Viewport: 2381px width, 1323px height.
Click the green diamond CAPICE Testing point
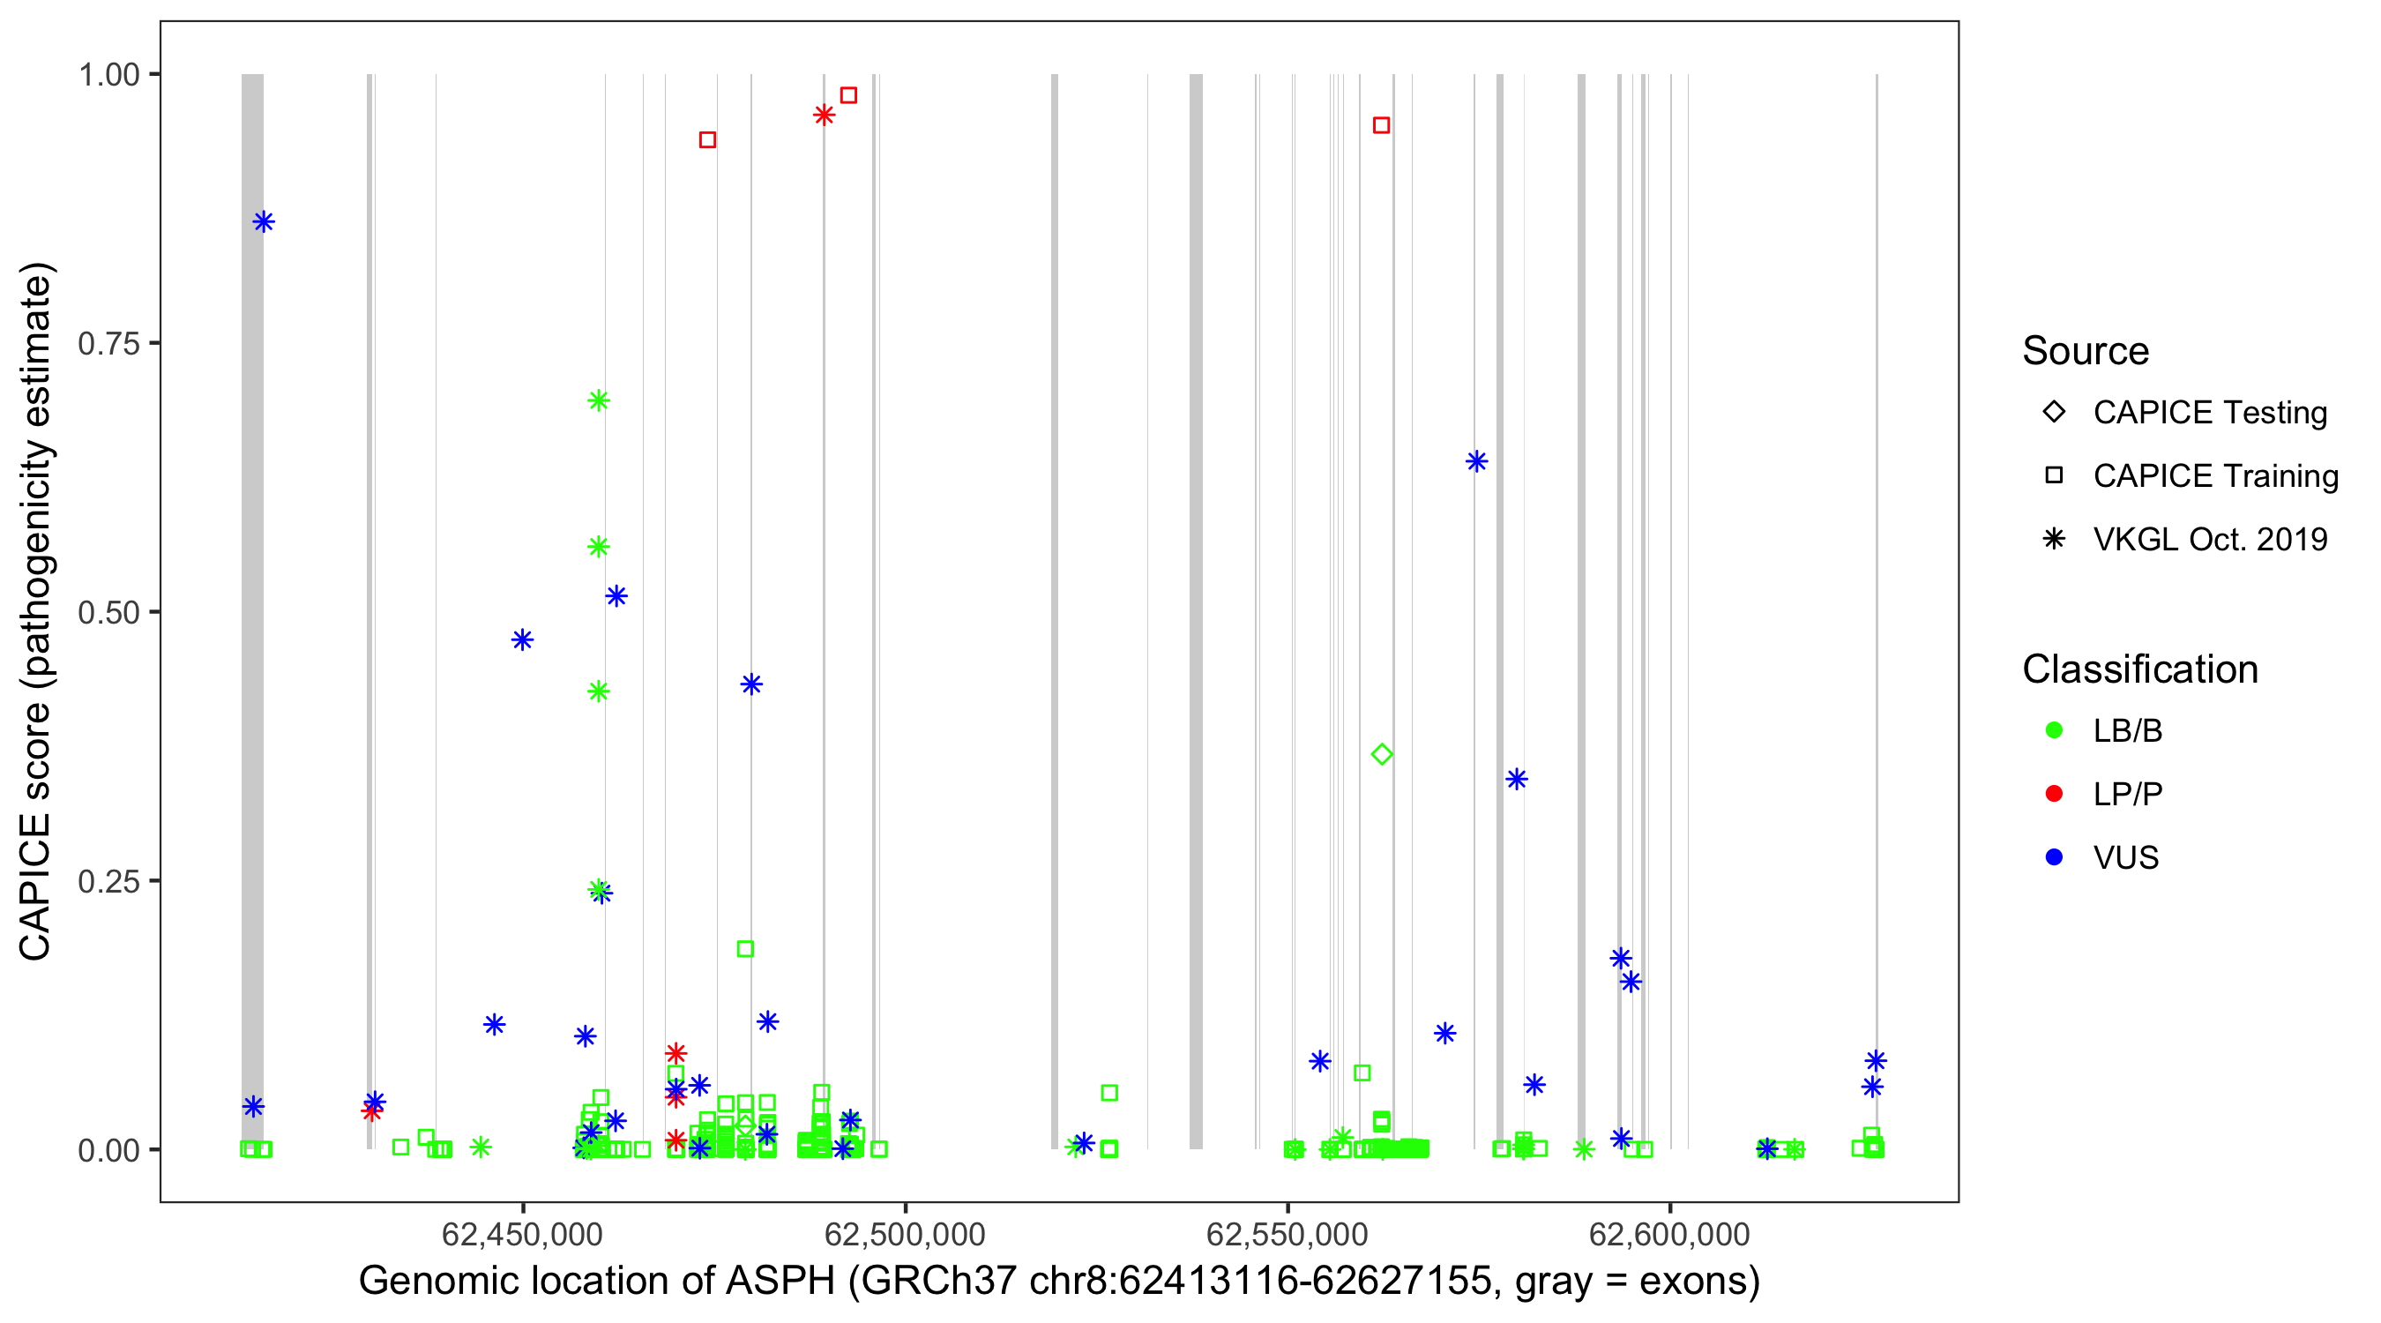click(x=1381, y=754)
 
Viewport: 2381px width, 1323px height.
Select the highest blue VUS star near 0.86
click(x=264, y=222)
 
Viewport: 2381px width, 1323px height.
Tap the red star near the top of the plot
click(x=824, y=115)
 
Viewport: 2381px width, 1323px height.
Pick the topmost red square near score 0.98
click(x=848, y=95)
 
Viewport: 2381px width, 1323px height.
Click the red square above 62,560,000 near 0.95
click(x=1381, y=125)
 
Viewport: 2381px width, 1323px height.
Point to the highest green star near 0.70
click(x=598, y=400)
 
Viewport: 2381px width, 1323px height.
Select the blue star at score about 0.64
click(x=1476, y=461)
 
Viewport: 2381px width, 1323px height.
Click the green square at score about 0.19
click(x=745, y=948)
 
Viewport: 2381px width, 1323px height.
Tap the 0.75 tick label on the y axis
click(x=108, y=344)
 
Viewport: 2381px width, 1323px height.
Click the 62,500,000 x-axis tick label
click(x=904, y=1233)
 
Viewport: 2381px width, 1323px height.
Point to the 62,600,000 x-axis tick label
click(x=1669, y=1233)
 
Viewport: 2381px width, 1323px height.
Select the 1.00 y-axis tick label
click(x=108, y=75)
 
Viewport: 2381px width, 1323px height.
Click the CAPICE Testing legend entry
click(x=2209, y=413)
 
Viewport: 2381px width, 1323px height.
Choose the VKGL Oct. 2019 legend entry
click(x=2209, y=539)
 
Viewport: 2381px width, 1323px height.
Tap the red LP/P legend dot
click(x=2054, y=794)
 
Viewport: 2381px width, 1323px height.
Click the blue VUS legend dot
click(x=2054, y=857)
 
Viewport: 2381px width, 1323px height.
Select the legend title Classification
click(x=2139, y=669)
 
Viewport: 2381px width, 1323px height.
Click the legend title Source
click(x=2086, y=351)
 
